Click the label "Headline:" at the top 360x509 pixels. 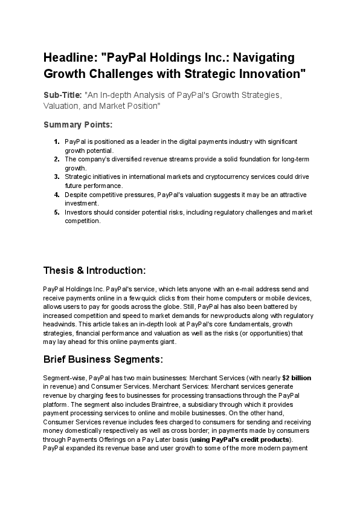tap(70, 58)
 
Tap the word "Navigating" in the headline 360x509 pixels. tap(264, 58)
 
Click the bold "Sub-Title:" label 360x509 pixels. tap(63, 96)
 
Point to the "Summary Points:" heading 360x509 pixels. tap(77, 125)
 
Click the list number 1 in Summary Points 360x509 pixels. tap(56, 141)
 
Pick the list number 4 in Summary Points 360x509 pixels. tap(56, 195)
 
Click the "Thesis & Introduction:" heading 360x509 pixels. tap(94, 269)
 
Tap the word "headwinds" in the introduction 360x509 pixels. tap(59, 324)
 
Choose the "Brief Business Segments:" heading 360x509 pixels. tap(103, 360)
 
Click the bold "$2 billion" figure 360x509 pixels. tap(297, 377)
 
